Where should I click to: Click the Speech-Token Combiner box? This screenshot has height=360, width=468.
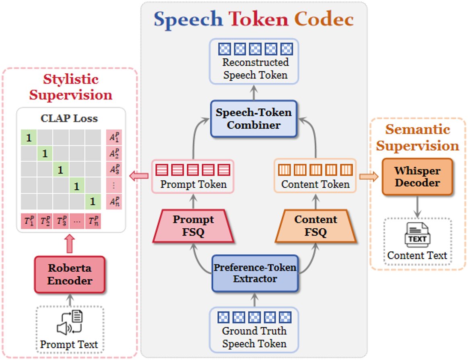pyautogui.click(x=254, y=119)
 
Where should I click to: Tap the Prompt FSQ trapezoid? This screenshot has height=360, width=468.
pyautogui.click(x=193, y=226)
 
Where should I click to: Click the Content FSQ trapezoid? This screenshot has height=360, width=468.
pyautogui.click(x=316, y=226)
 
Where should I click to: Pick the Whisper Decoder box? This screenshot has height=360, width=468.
pyautogui.click(x=417, y=177)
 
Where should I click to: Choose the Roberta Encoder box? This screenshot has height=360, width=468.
pyautogui.click(x=70, y=275)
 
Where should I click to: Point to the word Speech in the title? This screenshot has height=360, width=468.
pyautogui.click(x=188, y=19)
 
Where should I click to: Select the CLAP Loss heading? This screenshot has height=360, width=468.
pyautogui.click(x=69, y=119)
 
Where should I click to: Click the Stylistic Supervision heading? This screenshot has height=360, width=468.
pyautogui.click(x=70, y=87)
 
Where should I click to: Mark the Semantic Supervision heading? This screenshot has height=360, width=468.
pyautogui.click(x=417, y=137)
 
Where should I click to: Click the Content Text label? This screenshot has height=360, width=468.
pyautogui.click(x=417, y=255)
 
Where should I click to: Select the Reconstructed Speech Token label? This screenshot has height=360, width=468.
pyautogui.click(x=256, y=69)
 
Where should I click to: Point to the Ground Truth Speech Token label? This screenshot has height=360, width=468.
pyautogui.click(x=254, y=337)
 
